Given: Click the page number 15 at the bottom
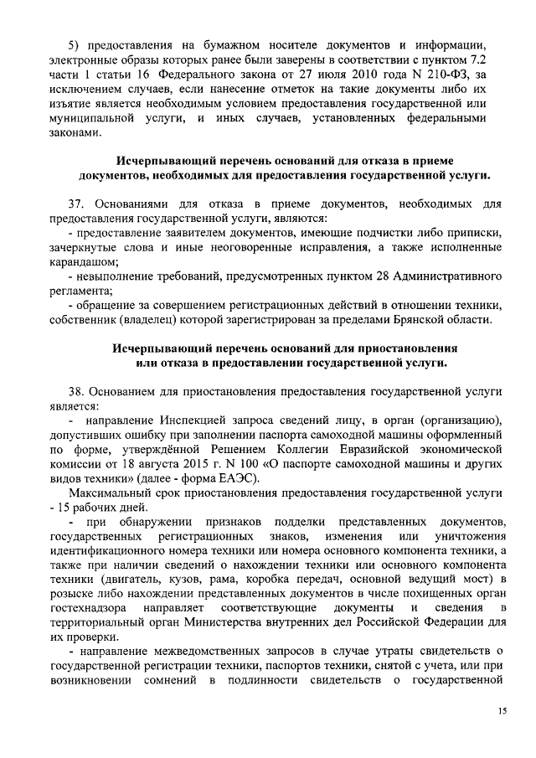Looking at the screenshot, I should [502, 711].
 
